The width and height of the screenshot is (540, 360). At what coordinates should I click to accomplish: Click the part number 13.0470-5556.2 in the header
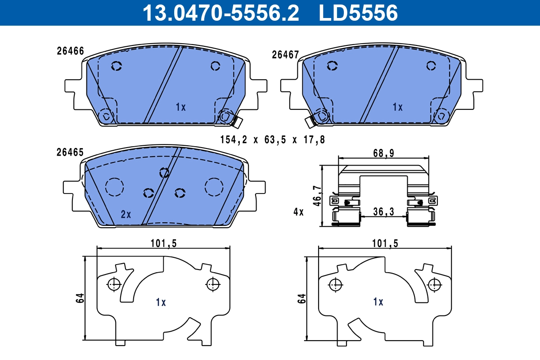pyautogui.click(x=220, y=13)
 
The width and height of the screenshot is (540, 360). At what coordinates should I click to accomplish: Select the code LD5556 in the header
pyautogui.click(x=358, y=13)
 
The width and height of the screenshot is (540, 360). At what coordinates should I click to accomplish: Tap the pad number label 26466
pyautogui.click(x=70, y=51)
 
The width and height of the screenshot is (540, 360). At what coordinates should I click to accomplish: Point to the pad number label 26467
pyautogui.click(x=285, y=55)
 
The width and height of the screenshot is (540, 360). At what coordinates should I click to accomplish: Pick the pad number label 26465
pyautogui.click(x=70, y=153)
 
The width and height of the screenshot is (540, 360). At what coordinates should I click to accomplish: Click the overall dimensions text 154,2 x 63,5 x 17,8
pyautogui.click(x=272, y=140)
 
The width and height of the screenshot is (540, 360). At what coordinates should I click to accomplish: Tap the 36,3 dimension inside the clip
pyautogui.click(x=383, y=211)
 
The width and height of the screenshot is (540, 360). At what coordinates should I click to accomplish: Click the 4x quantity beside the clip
pyautogui.click(x=298, y=212)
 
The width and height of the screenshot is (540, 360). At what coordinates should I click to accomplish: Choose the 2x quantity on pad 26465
pyautogui.click(x=126, y=214)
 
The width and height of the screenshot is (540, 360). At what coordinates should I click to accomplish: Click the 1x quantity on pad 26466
pyautogui.click(x=180, y=107)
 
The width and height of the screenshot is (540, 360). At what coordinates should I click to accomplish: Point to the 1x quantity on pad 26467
pyautogui.click(x=397, y=107)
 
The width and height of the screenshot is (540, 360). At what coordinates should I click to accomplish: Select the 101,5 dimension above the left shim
pyautogui.click(x=163, y=243)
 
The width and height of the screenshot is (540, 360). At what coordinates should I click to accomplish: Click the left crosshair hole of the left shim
pyautogui.click(x=114, y=284)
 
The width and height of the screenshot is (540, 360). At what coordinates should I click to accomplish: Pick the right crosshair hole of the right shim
pyautogui.click(x=434, y=284)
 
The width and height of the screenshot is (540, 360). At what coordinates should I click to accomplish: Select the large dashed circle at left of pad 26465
pyautogui.click(x=114, y=187)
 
